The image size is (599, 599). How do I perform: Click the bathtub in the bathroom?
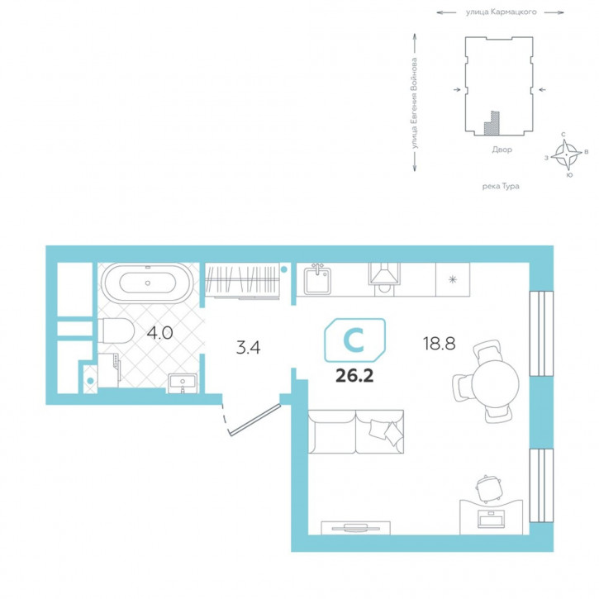[147, 283]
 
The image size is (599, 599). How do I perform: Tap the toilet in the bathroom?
[116, 330]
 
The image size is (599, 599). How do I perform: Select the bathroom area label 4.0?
[160, 333]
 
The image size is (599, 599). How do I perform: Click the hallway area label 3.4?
[249, 348]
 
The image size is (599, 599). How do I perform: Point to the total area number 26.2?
[354, 376]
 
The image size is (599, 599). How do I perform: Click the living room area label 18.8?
[439, 344]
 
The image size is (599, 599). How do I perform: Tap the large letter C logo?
[354, 340]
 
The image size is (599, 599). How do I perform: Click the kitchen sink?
[317, 280]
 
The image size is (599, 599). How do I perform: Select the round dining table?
[495, 384]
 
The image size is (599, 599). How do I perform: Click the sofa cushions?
[385, 431]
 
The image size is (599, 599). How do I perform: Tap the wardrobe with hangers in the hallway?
[243, 280]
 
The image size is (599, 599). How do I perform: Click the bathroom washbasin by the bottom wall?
[183, 383]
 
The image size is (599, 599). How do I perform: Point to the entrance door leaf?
[254, 420]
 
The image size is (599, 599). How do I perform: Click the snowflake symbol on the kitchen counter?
[453, 280]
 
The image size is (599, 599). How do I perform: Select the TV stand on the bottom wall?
[355, 528]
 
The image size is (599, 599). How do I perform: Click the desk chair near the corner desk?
[487, 488]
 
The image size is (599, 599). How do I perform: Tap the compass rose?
[566, 155]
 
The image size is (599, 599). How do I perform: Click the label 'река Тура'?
[501, 187]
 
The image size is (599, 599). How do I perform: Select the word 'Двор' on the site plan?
[502, 150]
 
